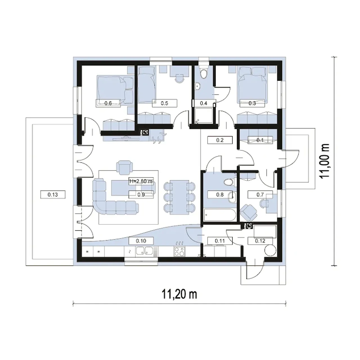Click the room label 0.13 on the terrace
tap(53, 195)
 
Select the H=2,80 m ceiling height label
tap(141, 181)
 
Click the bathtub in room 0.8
tap(220, 215)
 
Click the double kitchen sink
tap(144, 251)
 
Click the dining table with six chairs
tap(179, 197)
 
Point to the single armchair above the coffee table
tap(124, 167)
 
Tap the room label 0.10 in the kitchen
tap(141, 241)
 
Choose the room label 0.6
tap(108, 103)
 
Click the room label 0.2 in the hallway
tap(220, 140)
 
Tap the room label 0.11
tap(220, 241)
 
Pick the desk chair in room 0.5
tap(179, 78)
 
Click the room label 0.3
tap(252, 103)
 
